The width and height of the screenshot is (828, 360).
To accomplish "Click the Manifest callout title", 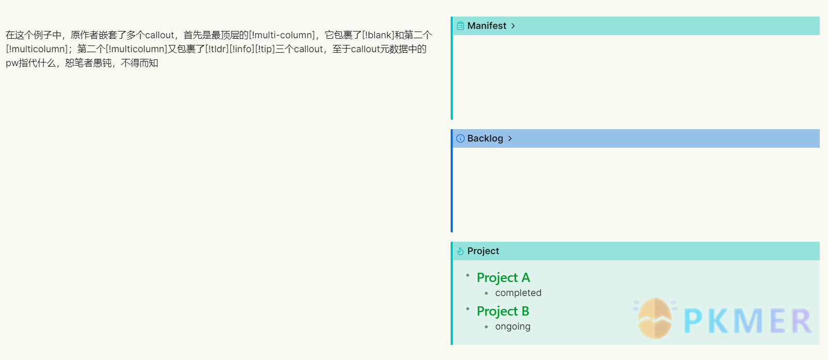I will [x=486, y=26].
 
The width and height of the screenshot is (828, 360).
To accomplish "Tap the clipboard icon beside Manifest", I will [x=460, y=26].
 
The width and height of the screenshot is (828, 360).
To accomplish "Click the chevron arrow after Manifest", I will [x=513, y=26].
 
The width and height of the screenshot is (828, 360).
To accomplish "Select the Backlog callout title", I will [x=485, y=138].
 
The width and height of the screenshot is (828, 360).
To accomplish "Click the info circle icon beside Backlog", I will [x=460, y=138].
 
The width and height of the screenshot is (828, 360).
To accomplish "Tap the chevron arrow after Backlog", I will [x=510, y=138].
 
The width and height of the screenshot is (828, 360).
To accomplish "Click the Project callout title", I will [x=483, y=251].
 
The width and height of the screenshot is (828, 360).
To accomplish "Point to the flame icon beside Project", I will [x=460, y=251].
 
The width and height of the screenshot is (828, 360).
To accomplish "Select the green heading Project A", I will [x=503, y=278].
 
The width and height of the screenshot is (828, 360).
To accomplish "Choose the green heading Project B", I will [x=503, y=311].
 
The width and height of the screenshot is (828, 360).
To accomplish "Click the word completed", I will [x=518, y=293].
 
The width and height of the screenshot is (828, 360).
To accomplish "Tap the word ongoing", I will [x=513, y=326].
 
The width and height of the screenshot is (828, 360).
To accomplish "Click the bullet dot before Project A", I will [x=468, y=275].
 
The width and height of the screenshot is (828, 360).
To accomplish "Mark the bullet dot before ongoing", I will [x=486, y=327].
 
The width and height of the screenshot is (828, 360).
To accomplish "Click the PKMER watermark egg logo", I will [x=655, y=318].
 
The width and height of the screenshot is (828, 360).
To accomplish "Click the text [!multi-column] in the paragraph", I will [x=282, y=35].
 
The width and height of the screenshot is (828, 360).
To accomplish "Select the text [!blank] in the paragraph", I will [x=378, y=35].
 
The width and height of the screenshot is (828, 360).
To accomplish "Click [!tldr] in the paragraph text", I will [x=217, y=49].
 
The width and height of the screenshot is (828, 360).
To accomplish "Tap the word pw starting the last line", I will [x=12, y=63].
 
